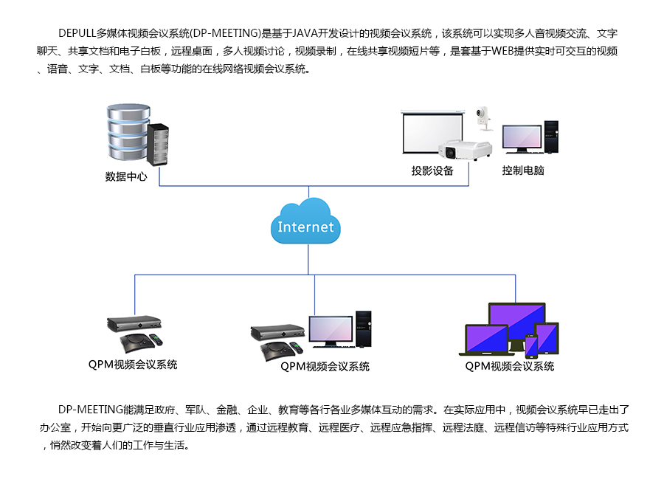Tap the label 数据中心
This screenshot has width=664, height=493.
point(126,176)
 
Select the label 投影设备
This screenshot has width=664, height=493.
point(432,171)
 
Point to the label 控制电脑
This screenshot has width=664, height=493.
point(523,171)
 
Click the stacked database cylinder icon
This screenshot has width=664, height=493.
point(128,132)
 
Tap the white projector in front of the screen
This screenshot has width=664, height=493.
point(465,148)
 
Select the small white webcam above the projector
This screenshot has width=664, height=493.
point(483,118)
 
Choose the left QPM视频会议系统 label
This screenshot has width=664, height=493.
point(133,365)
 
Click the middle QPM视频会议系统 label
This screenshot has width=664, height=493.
point(325,367)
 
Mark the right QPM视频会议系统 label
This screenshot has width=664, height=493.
point(509,367)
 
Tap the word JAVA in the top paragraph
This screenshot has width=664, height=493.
point(307,33)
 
